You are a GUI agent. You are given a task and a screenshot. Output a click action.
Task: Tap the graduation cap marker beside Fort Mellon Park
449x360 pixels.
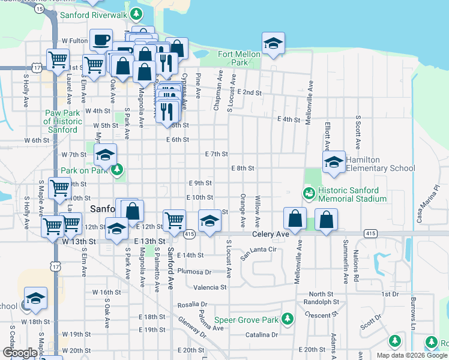(273, 43)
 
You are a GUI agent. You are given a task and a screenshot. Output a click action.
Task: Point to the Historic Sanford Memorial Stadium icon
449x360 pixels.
(308, 193)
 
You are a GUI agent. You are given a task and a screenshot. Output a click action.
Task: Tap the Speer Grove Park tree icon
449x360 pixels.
(288, 318)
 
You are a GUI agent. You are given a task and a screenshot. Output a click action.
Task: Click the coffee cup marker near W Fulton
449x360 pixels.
(101, 40)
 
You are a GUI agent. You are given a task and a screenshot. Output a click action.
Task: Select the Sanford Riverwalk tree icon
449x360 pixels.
(137, 13)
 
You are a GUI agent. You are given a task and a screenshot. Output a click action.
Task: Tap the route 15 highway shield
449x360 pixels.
(39, 10)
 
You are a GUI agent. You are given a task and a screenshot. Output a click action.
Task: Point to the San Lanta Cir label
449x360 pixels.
(258, 253)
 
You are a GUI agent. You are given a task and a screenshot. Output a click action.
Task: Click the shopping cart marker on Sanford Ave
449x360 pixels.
(174, 220)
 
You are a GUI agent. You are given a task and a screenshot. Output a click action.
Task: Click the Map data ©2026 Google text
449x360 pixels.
(412, 355)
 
